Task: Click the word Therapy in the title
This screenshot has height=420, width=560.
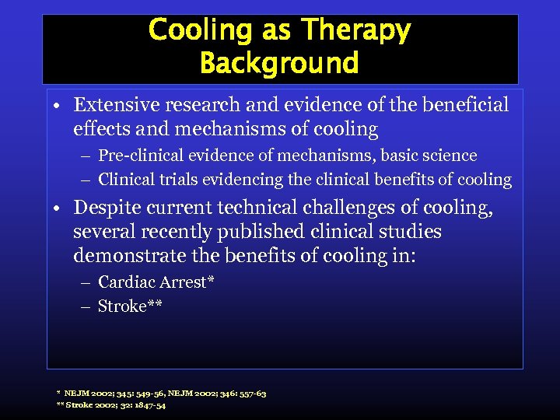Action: click(x=356, y=31)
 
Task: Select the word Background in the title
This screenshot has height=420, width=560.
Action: click(x=278, y=63)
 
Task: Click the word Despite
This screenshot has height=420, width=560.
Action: click(x=103, y=208)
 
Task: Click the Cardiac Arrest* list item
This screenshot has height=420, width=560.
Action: click(x=156, y=282)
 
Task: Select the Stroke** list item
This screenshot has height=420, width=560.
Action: click(x=130, y=306)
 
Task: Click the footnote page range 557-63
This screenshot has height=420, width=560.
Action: click(x=249, y=394)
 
